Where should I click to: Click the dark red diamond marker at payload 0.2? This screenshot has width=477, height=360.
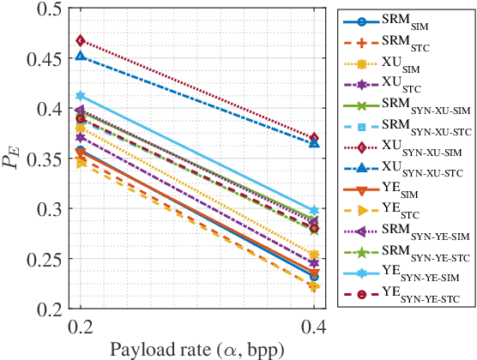pyautogui.click(x=81, y=40)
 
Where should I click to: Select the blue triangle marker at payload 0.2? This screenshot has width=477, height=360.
pyautogui.click(x=81, y=56)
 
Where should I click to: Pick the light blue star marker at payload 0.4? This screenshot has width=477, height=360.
pyautogui.click(x=314, y=210)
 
